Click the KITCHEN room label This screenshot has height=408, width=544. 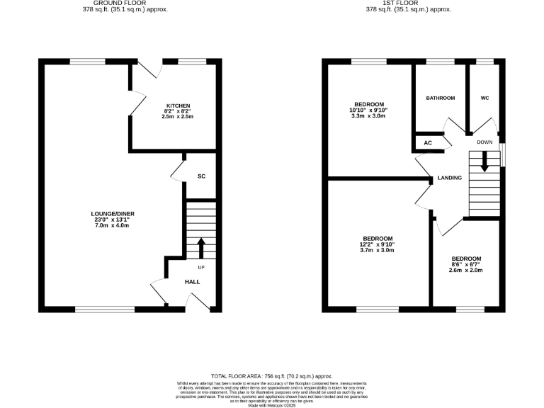pyautogui.click(x=177, y=106)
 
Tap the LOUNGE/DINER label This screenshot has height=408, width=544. pyautogui.click(x=113, y=213)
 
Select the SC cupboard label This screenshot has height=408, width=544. pyautogui.click(x=201, y=176)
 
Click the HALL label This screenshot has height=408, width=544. pyautogui.click(x=192, y=281)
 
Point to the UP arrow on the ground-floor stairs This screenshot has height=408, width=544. pyautogui.click(x=200, y=249)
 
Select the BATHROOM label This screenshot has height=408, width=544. pyautogui.click(x=440, y=98)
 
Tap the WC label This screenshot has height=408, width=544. pyautogui.click(x=485, y=98)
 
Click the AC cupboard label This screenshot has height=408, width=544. pyautogui.click(x=428, y=142)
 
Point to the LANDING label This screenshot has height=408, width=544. pyautogui.click(x=450, y=178)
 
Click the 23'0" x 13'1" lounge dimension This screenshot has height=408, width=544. pyautogui.click(x=113, y=220)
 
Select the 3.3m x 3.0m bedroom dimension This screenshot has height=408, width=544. pyautogui.click(x=368, y=116)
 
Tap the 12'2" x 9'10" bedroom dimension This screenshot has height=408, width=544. pyautogui.click(x=378, y=244)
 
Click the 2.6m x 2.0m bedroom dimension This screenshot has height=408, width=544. pyautogui.click(x=466, y=270)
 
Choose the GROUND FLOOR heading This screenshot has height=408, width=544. pyautogui.click(x=115, y=3)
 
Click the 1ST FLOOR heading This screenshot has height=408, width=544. pyautogui.click(x=408, y=3)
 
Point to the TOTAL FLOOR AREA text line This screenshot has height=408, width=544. pyautogui.click(x=272, y=376)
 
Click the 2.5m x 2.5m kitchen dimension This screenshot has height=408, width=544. pyautogui.click(x=177, y=117)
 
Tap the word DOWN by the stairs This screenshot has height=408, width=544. pyautogui.click(x=484, y=142)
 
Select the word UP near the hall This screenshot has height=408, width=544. pyautogui.click(x=201, y=267)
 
